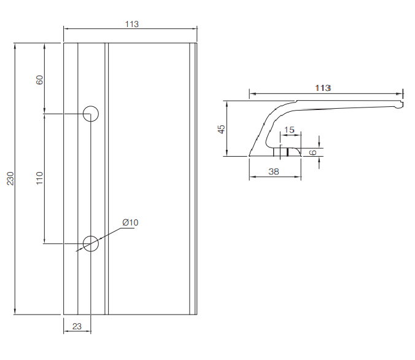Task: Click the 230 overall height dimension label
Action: point(10,179)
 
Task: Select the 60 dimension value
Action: point(40,80)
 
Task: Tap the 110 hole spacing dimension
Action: point(40,179)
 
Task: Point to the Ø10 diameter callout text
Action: point(131,222)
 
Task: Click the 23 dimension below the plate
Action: point(77,326)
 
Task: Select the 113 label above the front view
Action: point(131,25)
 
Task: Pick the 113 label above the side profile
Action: point(323,88)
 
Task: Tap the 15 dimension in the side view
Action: point(289,130)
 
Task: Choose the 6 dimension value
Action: point(312,152)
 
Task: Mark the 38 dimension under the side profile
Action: point(274,172)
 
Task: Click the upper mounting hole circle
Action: point(91,113)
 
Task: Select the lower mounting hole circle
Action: point(91,243)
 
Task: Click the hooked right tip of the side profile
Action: point(401,106)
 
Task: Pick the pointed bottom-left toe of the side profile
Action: point(250,155)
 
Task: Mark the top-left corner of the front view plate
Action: point(64,44)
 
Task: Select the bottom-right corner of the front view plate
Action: point(198,314)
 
